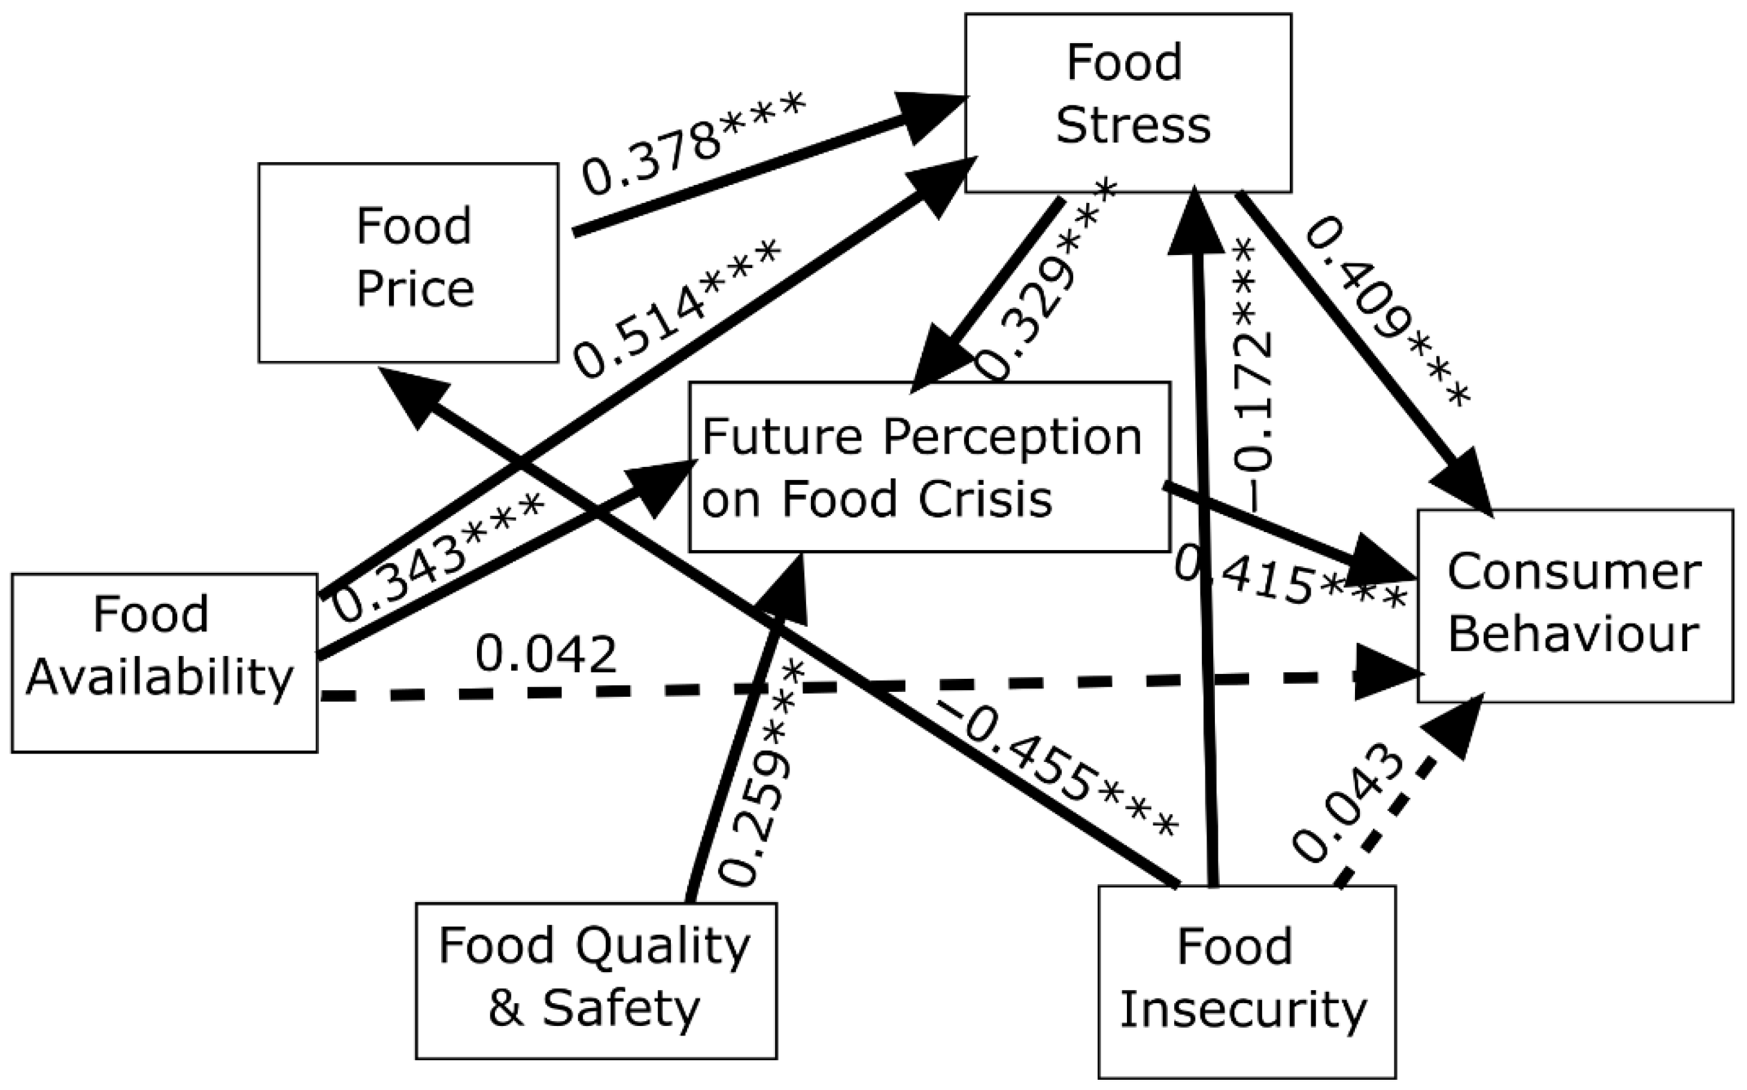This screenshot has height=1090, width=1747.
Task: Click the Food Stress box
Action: (x=1128, y=103)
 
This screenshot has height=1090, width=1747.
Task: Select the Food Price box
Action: (x=408, y=262)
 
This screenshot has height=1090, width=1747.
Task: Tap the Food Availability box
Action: (x=165, y=663)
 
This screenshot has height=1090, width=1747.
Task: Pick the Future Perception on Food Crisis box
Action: (x=928, y=467)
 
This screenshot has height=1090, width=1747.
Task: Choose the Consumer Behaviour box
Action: (x=1575, y=606)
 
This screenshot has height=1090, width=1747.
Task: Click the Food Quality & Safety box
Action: (x=596, y=980)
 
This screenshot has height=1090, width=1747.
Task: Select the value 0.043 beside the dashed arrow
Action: (x=1348, y=811)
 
